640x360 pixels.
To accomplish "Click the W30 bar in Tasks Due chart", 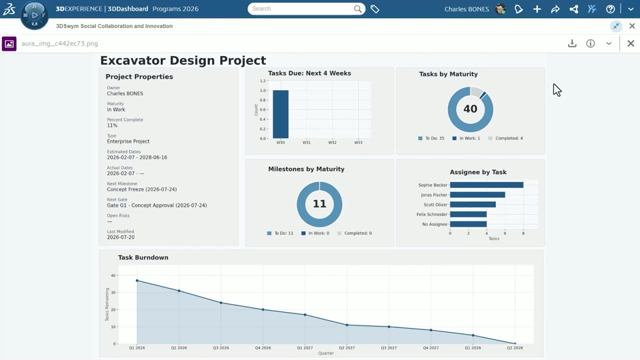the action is pyautogui.click(x=281, y=114).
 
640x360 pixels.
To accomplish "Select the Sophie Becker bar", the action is pyautogui.click(x=487, y=185).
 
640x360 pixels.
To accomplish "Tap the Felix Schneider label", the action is pyautogui.click(x=432, y=214).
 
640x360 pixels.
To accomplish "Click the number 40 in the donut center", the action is pyautogui.click(x=470, y=109).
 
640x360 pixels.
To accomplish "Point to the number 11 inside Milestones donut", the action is pyautogui.click(x=319, y=204).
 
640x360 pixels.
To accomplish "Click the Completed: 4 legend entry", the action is pyautogui.click(x=505, y=139).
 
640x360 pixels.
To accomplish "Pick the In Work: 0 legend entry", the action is pyautogui.click(x=315, y=233).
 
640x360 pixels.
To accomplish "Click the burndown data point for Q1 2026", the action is pyautogui.click(x=137, y=281).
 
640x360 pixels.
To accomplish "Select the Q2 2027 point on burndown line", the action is pyautogui.click(x=347, y=325).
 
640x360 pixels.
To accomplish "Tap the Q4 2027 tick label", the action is pyautogui.click(x=431, y=348).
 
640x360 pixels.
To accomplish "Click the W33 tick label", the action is pyautogui.click(x=358, y=143).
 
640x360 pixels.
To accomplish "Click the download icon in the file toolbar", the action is pyautogui.click(x=572, y=44).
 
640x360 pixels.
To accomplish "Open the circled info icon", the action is pyautogui.click(x=591, y=44).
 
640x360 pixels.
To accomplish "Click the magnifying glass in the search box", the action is pyautogui.click(x=357, y=9).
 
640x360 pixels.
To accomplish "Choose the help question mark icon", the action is pyautogui.click(x=610, y=9).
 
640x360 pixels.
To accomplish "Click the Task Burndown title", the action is pyautogui.click(x=143, y=257).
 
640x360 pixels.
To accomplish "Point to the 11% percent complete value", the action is pyautogui.click(x=112, y=126).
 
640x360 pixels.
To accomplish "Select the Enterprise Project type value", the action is pyautogui.click(x=128, y=141).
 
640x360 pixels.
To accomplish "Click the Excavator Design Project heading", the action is pyautogui.click(x=183, y=61).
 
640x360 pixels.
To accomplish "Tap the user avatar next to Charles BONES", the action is pyautogui.click(x=501, y=9).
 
